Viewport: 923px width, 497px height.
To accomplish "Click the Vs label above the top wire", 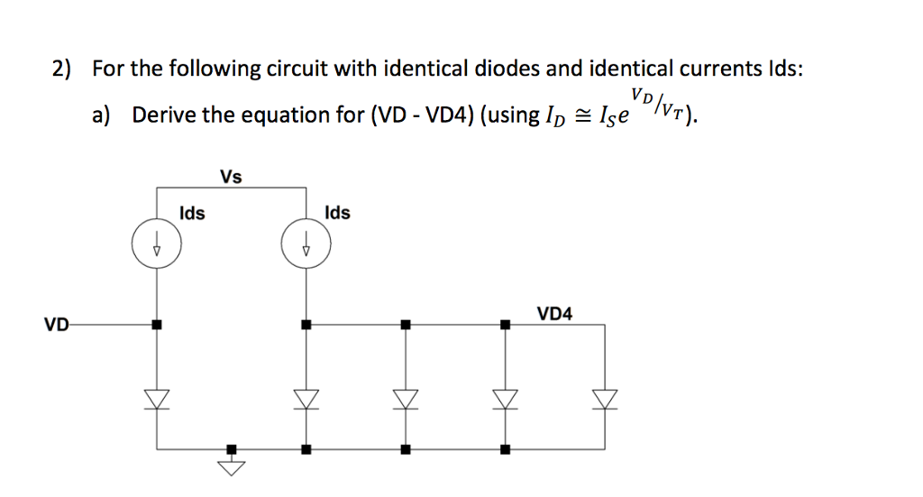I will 231,177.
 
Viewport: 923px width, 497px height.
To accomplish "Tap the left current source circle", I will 157,244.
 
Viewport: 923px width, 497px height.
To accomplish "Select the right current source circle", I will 306,244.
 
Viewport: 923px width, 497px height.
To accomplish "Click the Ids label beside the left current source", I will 192,214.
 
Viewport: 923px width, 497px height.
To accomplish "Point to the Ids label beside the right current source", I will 338,214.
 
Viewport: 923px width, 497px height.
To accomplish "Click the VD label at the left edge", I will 56,325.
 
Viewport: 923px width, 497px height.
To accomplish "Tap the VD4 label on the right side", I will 554,314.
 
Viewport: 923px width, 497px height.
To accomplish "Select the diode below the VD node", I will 157,398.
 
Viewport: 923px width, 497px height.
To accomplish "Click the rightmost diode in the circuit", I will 605,398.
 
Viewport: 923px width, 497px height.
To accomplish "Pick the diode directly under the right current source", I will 306,398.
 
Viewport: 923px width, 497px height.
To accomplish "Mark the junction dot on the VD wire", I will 157,324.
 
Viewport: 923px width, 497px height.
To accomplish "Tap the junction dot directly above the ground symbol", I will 232,448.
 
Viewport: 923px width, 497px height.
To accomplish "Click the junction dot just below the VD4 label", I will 505,324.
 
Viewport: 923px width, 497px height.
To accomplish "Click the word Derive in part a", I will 161,115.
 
